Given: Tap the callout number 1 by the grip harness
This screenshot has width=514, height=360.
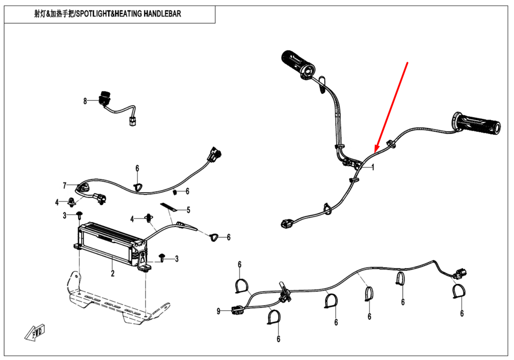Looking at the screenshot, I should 373,167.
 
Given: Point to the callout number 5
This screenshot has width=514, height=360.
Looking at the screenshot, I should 189,210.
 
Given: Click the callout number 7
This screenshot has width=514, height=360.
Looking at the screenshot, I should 65,185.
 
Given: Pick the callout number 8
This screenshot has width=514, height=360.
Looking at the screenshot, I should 85,101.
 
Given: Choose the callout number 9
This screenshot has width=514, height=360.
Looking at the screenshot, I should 218,311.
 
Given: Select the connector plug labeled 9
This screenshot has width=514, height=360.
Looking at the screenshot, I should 237,310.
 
